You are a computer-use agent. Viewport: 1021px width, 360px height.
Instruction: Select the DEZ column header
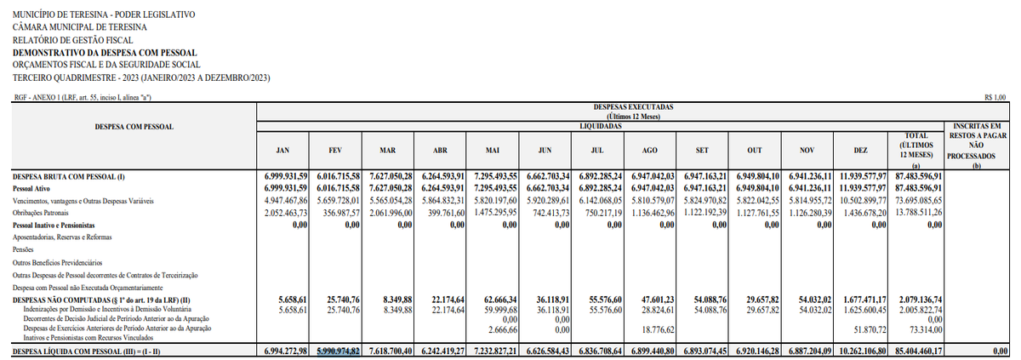coord(860,151)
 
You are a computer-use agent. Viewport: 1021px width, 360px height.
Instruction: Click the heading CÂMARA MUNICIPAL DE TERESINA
coord(81,27)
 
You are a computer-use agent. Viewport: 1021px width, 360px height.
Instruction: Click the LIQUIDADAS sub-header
coord(600,126)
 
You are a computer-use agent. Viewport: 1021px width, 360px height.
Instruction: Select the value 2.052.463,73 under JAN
coord(282,212)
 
